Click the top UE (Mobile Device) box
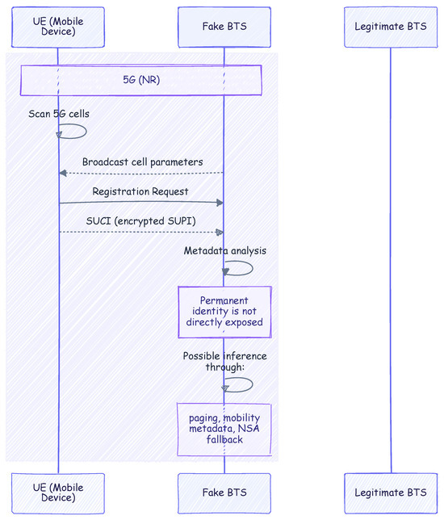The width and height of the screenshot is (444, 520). [58, 27]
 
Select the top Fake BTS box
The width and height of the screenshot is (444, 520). [224, 27]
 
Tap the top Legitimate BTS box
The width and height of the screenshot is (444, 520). [391, 27]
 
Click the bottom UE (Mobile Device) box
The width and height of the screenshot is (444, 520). [58, 493]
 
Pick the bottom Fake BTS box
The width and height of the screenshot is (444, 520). [224, 493]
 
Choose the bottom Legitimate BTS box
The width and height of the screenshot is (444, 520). [391, 493]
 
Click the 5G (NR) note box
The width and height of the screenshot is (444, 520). [141, 80]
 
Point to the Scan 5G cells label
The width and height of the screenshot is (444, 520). [59, 114]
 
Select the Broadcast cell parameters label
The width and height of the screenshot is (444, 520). [143, 161]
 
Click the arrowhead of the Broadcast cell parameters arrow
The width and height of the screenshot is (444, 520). [63, 173]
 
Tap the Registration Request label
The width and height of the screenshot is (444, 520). [140, 191]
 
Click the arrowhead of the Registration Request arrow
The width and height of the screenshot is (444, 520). [220, 203]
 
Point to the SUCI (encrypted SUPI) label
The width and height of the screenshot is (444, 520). [141, 221]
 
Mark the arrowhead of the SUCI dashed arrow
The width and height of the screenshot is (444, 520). [220, 233]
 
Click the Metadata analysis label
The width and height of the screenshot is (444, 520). [225, 250]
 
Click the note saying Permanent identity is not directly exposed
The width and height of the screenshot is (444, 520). [224, 312]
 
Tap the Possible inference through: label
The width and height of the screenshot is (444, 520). [224, 361]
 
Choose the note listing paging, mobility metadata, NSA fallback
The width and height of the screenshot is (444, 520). [224, 429]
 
